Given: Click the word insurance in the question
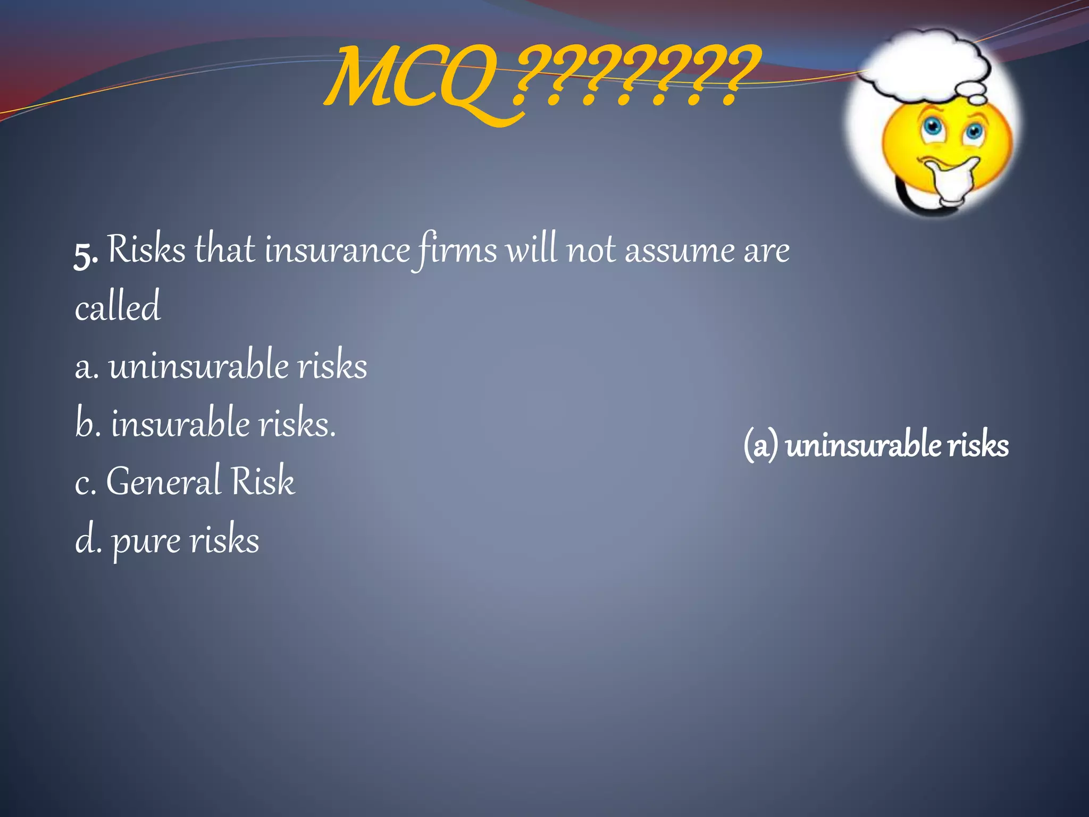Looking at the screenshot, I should coord(337,250).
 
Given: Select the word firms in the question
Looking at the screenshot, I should coord(455,250).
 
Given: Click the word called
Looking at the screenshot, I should coord(118,307).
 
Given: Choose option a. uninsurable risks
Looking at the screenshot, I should coord(221,366).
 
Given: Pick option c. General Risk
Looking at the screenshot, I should coord(185,481).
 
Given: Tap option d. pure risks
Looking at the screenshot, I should coord(167,540).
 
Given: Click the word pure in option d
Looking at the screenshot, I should coord(146,541).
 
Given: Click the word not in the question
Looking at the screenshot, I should coord(590,250).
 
